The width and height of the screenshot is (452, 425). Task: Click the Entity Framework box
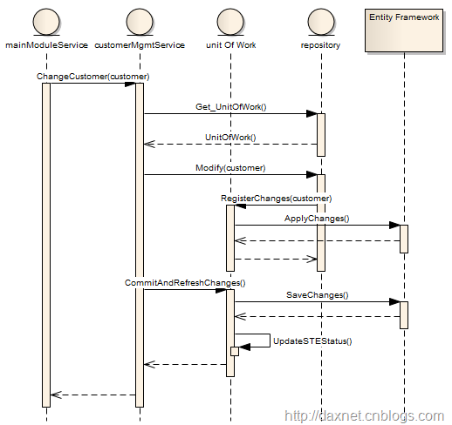pyautogui.click(x=404, y=30)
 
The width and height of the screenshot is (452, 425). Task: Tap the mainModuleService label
pyautogui.click(x=46, y=45)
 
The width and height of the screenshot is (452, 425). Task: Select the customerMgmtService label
pyautogui.click(x=140, y=45)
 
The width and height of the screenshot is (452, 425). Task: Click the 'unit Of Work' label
pyautogui.click(x=231, y=45)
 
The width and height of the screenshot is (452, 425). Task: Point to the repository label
pyautogui.click(x=320, y=45)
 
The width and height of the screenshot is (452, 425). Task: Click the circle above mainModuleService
pyautogui.click(x=46, y=22)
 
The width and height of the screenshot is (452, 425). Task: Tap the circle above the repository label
pyautogui.click(x=321, y=22)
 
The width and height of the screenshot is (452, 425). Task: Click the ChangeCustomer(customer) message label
pyautogui.click(x=93, y=77)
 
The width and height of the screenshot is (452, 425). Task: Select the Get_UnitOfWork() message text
pyautogui.click(x=231, y=107)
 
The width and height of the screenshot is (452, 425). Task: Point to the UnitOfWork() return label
pyautogui.click(x=230, y=137)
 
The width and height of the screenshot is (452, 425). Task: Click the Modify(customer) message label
pyautogui.click(x=230, y=168)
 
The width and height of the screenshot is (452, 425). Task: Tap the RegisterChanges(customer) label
pyautogui.click(x=277, y=199)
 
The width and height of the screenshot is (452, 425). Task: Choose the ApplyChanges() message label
pyautogui.click(x=317, y=219)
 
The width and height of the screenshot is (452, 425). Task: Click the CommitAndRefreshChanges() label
pyautogui.click(x=185, y=283)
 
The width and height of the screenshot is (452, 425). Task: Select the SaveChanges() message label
pyautogui.click(x=318, y=295)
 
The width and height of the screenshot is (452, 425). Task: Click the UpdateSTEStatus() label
pyautogui.click(x=312, y=341)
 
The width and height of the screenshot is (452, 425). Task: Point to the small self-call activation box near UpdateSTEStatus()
pyautogui.click(x=235, y=351)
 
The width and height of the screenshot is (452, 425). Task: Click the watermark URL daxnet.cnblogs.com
pyautogui.click(x=364, y=416)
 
